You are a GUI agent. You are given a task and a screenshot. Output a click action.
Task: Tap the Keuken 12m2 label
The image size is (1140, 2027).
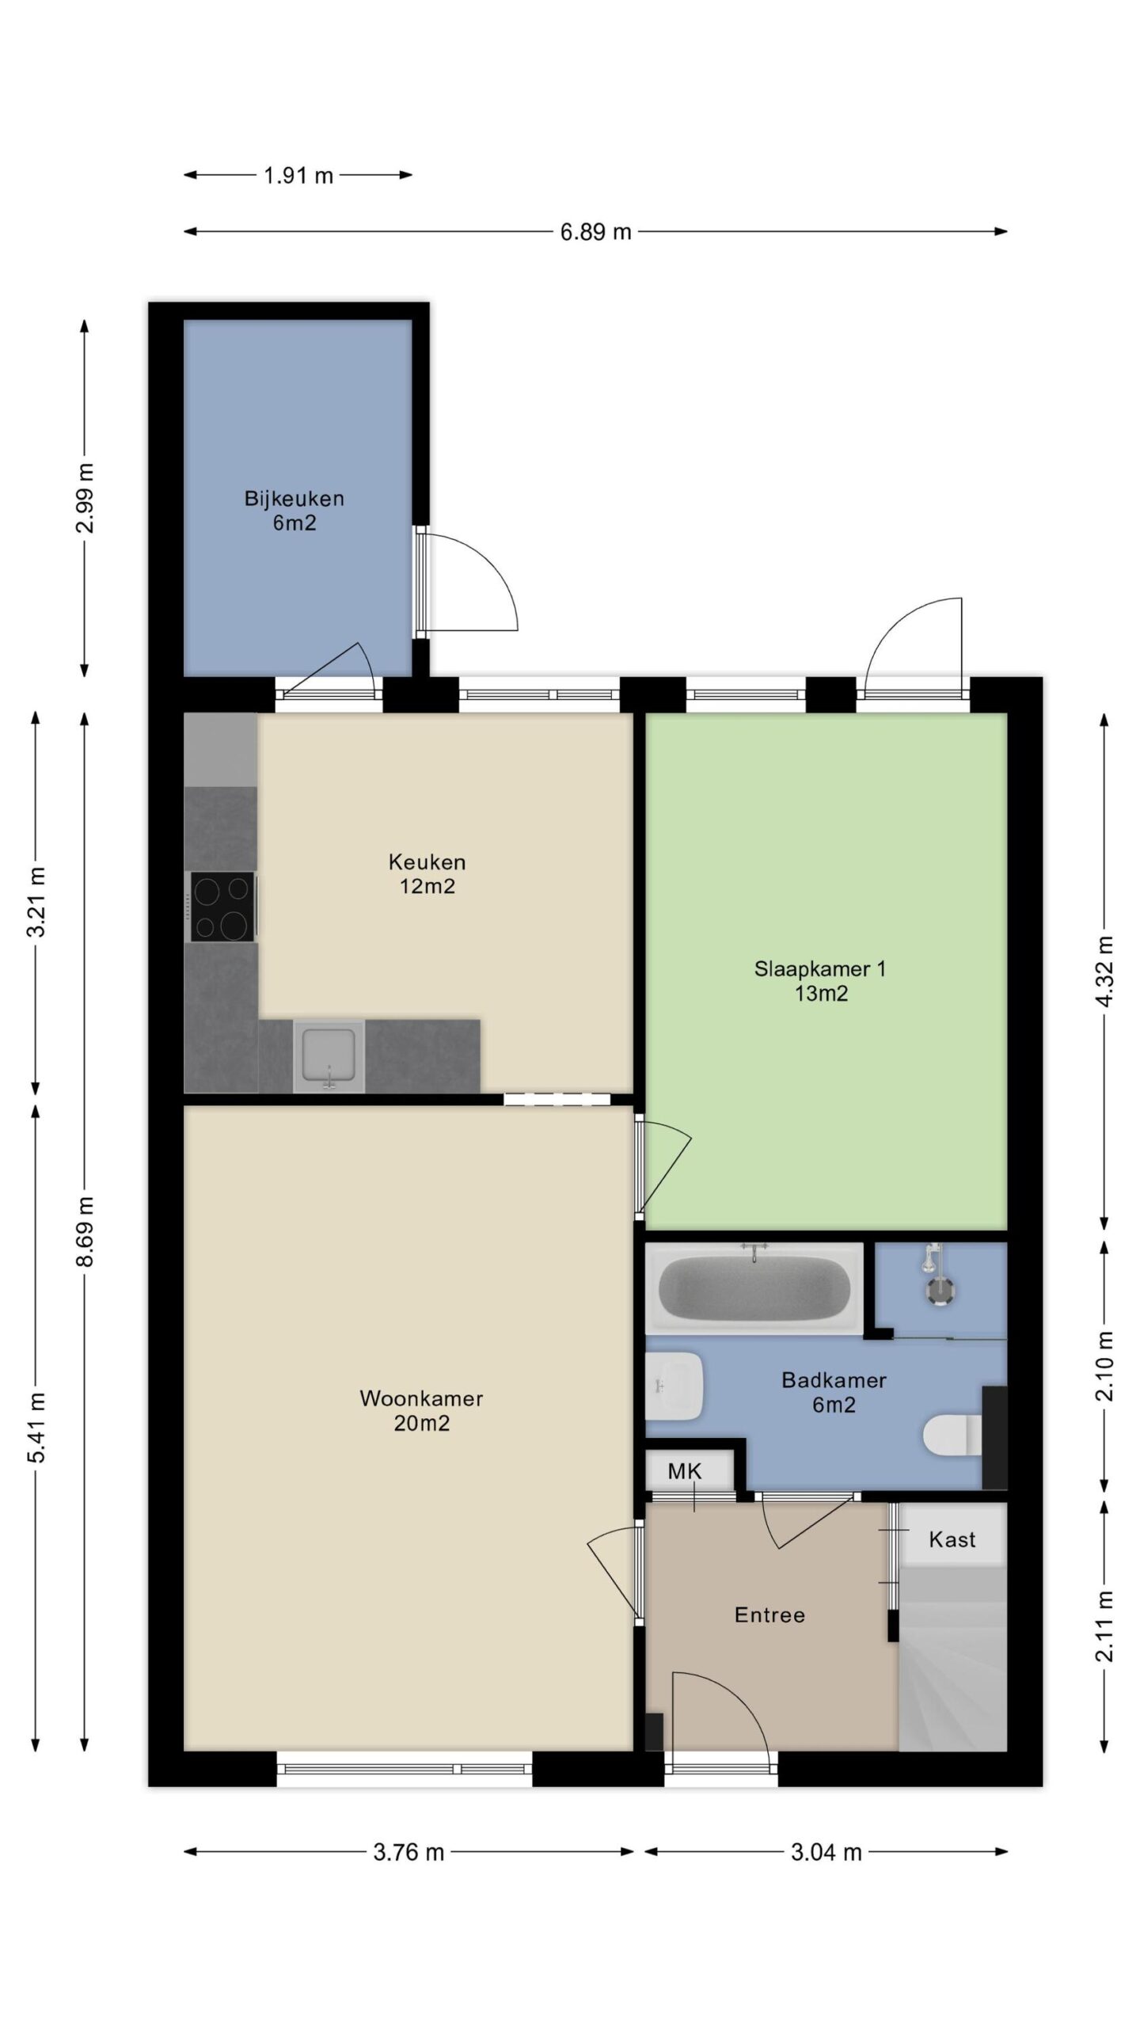coord(427,873)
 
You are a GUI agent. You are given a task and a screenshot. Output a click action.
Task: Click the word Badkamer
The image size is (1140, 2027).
coord(834,1380)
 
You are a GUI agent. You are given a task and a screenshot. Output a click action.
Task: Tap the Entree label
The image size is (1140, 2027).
coord(769,1614)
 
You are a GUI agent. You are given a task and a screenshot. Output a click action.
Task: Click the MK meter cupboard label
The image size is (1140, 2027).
coord(684,1471)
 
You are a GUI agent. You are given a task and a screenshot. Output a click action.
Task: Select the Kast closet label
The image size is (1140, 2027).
coord(952,1539)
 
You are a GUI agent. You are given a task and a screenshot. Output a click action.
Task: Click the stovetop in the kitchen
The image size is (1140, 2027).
coord(222,907)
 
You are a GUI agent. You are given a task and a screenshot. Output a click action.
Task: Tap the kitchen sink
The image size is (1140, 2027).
coord(329,1056)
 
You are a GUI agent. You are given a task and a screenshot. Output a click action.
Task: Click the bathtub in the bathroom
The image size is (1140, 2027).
coord(754,1288)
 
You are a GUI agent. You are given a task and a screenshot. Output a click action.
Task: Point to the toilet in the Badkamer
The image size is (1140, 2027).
coord(954,1436)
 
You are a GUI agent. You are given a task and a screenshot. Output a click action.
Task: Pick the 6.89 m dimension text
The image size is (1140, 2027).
coord(595,232)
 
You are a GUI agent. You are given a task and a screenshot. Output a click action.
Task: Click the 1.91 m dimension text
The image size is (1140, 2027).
coord(298,175)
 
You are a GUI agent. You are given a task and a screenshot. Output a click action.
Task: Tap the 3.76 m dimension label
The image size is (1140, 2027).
coord(408,1852)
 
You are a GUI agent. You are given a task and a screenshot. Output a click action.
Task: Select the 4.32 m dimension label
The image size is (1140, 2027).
coord(1105,971)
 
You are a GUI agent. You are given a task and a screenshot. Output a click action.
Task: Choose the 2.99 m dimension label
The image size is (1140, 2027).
coord(85,498)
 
